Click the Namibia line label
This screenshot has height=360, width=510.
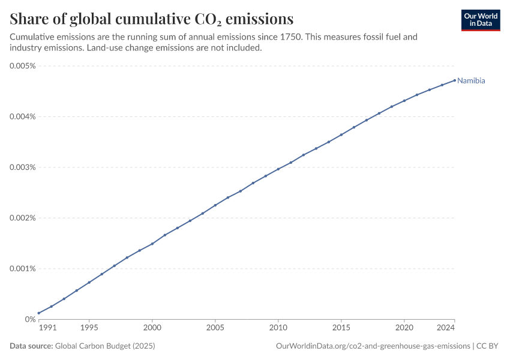pyautogui.click(x=471, y=80)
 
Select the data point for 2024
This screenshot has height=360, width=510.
pyautogui.click(x=455, y=80)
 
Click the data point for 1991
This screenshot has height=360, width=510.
pyautogui.click(x=39, y=313)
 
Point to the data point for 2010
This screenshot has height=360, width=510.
pyautogui.click(x=278, y=169)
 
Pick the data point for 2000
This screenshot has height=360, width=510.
pyautogui.click(x=152, y=244)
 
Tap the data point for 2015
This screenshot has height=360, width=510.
pyautogui.click(x=341, y=134)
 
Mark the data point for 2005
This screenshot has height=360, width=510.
pyautogui.click(x=215, y=205)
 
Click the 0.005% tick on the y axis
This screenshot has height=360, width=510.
pyautogui.click(x=22, y=66)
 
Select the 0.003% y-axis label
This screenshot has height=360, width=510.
pyautogui.click(x=22, y=167)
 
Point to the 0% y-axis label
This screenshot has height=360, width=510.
pyautogui.click(x=30, y=319)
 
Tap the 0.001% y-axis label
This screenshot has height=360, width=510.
pyautogui.click(x=22, y=269)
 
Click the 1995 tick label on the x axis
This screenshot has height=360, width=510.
pyautogui.click(x=89, y=328)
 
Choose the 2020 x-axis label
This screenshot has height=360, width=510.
pyautogui.click(x=404, y=328)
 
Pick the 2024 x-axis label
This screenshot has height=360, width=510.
pyautogui.click(x=446, y=328)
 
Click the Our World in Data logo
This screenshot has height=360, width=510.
pyautogui.click(x=481, y=20)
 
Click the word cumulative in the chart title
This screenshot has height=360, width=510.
pyautogui.click(x=153, y=19)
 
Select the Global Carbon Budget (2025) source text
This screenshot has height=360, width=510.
pyautogui.click(x=105, y=346)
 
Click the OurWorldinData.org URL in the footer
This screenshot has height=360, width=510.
pyautogui.click(x=373, y=346)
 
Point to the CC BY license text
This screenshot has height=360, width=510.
pyautogui.click(x=487, y=346)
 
